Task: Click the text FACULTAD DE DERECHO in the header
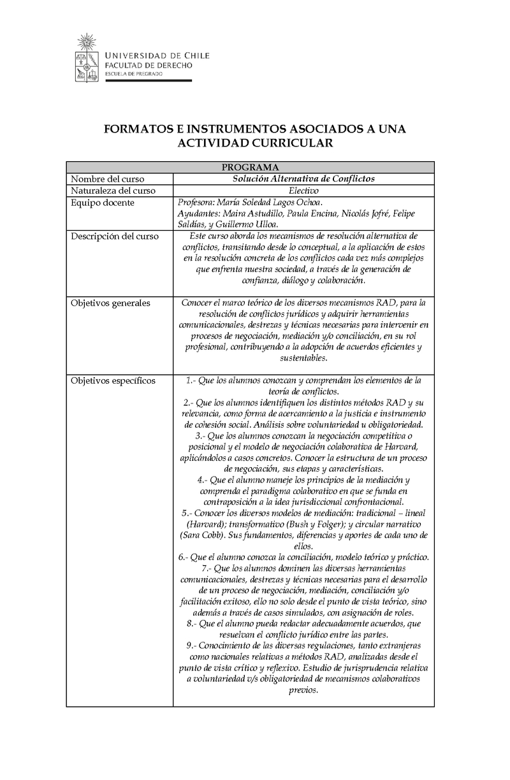(x=148, y=66)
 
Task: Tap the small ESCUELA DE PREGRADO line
(x=133, y=75)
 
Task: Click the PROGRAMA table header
(x=250, y=168)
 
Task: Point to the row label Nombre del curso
(x=107, y=179)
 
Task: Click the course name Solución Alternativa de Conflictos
(x=303, y=179)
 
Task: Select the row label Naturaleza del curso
(x=113, y=191)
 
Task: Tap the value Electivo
(x=303, y=191)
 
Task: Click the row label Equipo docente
(x=102, y=203)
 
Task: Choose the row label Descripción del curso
(x=115, y=236)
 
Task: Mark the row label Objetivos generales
(x=110, y=303)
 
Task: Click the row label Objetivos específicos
(x=113, y=380)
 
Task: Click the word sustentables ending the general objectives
(x=303, y=359)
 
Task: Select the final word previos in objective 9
(x=303, y=691)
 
